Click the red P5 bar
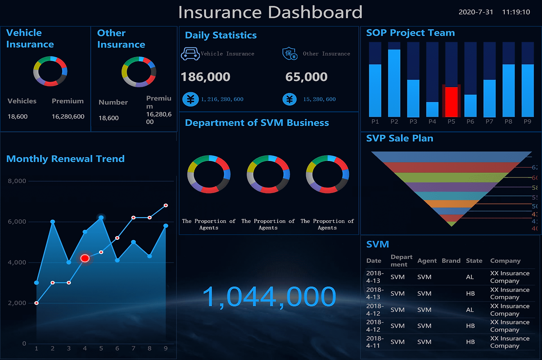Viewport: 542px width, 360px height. click(451, 102)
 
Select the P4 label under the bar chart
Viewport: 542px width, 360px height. click(432, 122)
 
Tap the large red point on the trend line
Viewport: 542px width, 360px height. click(85, 258)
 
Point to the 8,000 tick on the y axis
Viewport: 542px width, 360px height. click(17, 181)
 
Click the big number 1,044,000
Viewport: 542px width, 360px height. click(269, 297)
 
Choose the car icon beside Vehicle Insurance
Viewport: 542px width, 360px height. click(190, 54)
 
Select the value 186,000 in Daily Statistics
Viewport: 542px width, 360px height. click(205, 77)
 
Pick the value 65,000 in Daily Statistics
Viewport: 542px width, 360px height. click(306, 77)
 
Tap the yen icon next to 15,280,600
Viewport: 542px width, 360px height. click(290, 99)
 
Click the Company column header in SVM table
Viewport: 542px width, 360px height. click(505, 261)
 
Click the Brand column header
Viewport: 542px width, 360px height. click(451, 261)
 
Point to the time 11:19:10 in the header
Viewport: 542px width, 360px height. click(516, 12)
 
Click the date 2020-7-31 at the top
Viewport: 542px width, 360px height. click(476, 12)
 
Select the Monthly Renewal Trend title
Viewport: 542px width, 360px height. click(66, 159)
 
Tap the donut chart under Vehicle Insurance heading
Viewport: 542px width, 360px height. click(50, 71)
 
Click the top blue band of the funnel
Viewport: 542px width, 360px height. click(451, 156)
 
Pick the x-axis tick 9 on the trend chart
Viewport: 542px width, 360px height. click(166, 349)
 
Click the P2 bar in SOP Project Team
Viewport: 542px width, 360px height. click(394, 83)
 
